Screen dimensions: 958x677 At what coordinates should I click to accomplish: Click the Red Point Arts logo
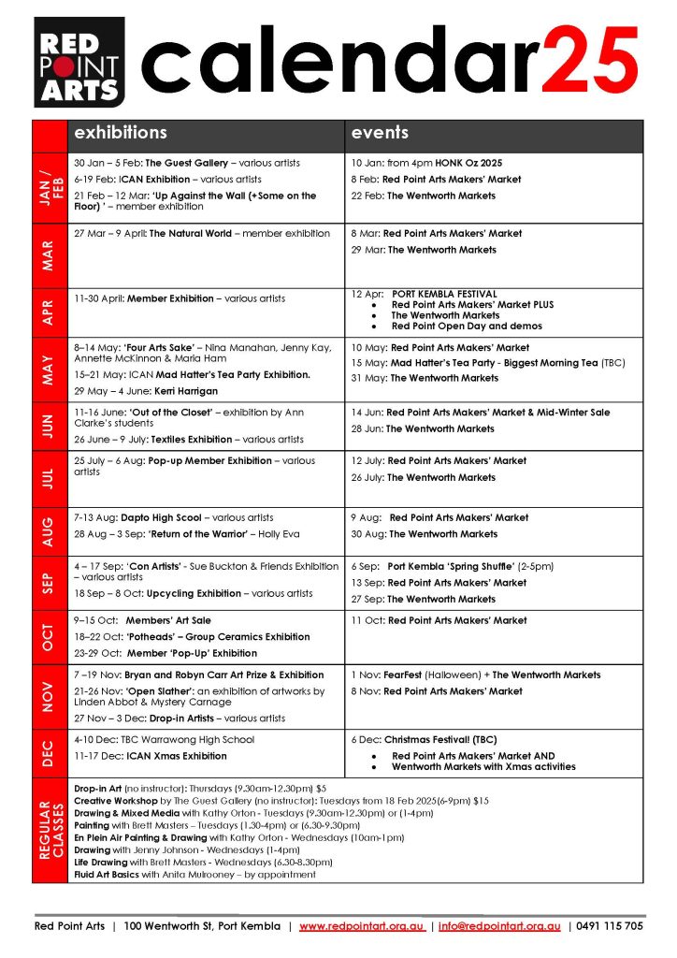79,62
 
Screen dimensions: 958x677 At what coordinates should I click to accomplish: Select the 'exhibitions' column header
121,133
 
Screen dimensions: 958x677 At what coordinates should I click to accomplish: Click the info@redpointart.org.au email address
499,926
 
